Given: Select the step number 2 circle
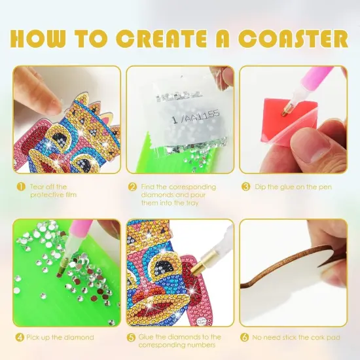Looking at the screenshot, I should pyautogui.click(x=132, y=187).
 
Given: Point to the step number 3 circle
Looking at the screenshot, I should pyautogui.click(x=246, y=187).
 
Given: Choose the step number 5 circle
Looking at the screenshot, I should pyautogui.click(x=132, y=338).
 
